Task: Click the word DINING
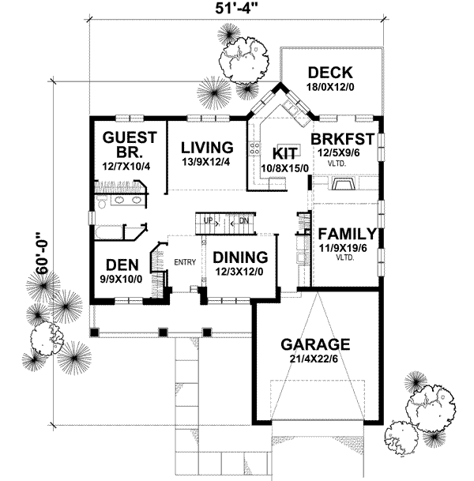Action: (x=239, y=257)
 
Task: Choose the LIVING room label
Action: (x=207, y=147)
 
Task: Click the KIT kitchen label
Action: (x=284, y=153)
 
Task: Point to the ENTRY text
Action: (x=185, y=263)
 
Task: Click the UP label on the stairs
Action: (x=208, y=220)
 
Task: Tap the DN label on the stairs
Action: (x=244, y=220)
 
